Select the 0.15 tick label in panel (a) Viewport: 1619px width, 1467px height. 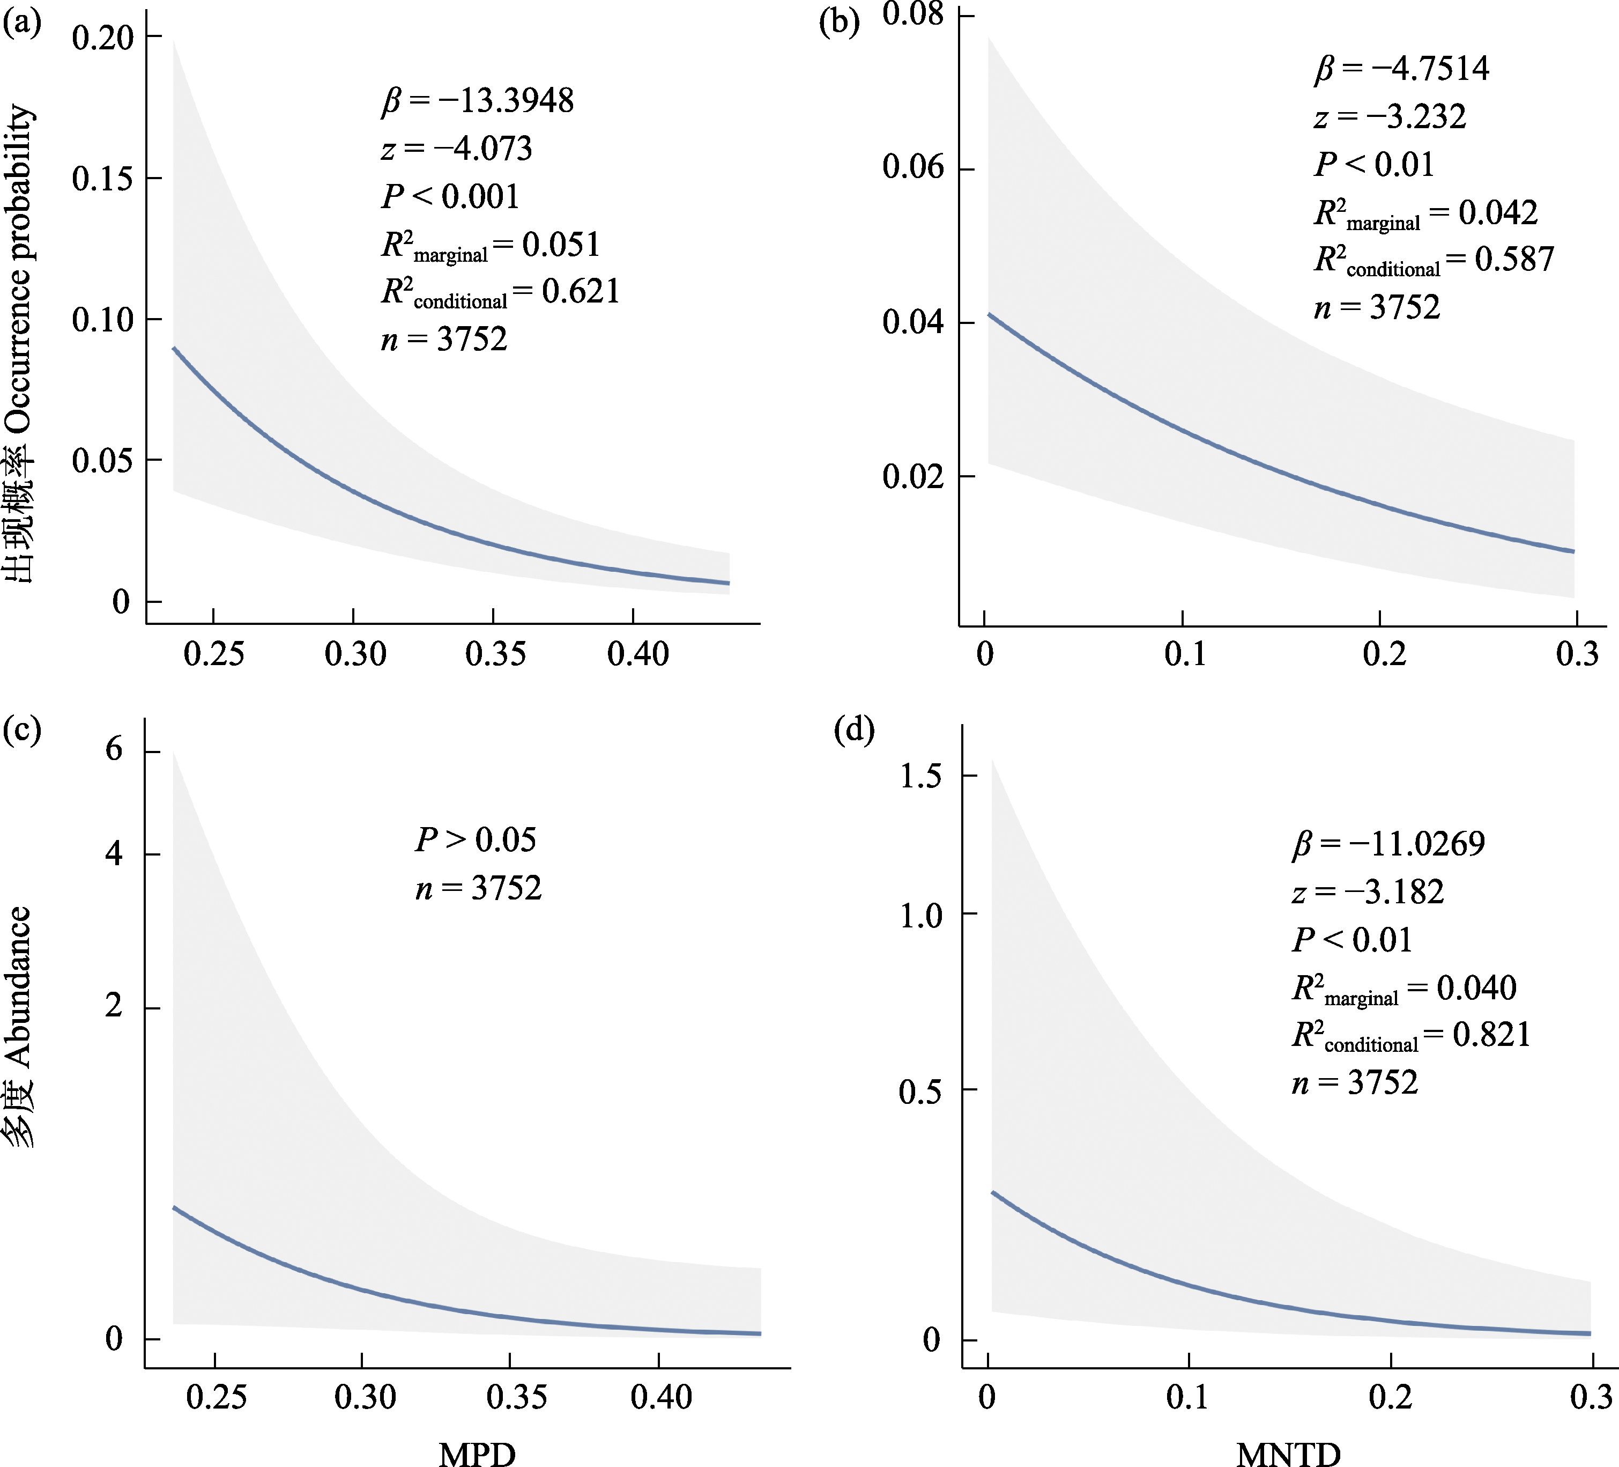pos(102,179)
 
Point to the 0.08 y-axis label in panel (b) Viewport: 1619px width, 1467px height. pos(913,14)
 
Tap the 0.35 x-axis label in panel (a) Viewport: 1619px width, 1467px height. pos(495,654)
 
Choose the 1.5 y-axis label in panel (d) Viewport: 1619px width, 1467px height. pos(920,776)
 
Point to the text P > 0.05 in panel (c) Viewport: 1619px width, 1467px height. pos(476,839)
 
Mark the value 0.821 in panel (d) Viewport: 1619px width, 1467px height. pos(1491,1035)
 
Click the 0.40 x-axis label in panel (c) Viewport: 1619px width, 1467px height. pos(661,1398)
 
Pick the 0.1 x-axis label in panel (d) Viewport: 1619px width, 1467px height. pos(1187,1398)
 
